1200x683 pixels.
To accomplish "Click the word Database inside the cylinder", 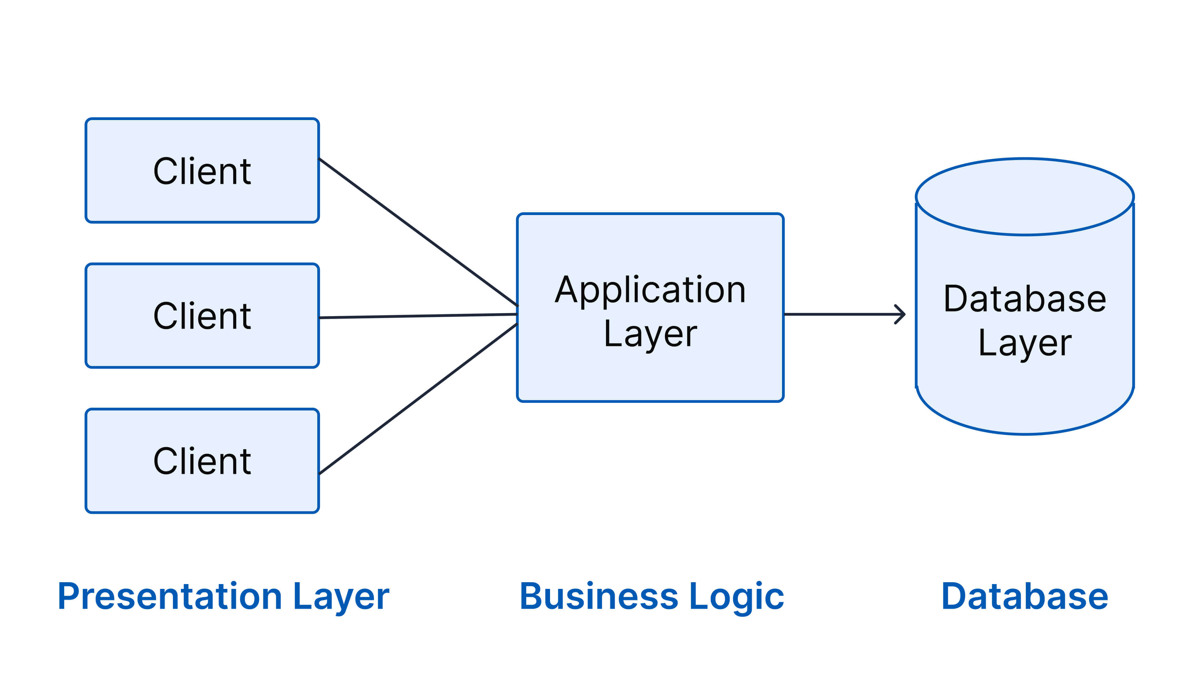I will click(1025, 299).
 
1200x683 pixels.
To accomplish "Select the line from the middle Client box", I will click(418, 316).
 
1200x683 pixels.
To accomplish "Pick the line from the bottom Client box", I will click(418, 399).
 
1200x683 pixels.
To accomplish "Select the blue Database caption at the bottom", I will click(1025, 597).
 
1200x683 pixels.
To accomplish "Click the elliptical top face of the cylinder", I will click(1025, 196).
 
